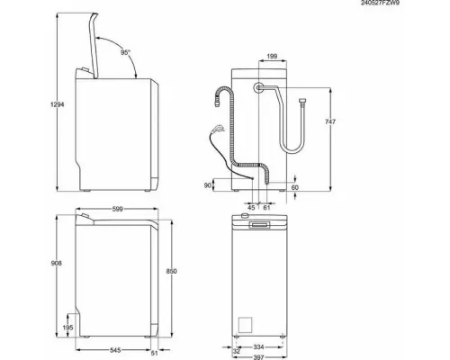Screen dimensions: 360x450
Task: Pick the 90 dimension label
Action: coord(210,184)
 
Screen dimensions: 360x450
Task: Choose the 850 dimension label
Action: coord(185,272)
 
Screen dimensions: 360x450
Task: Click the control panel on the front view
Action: coord(261,222)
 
